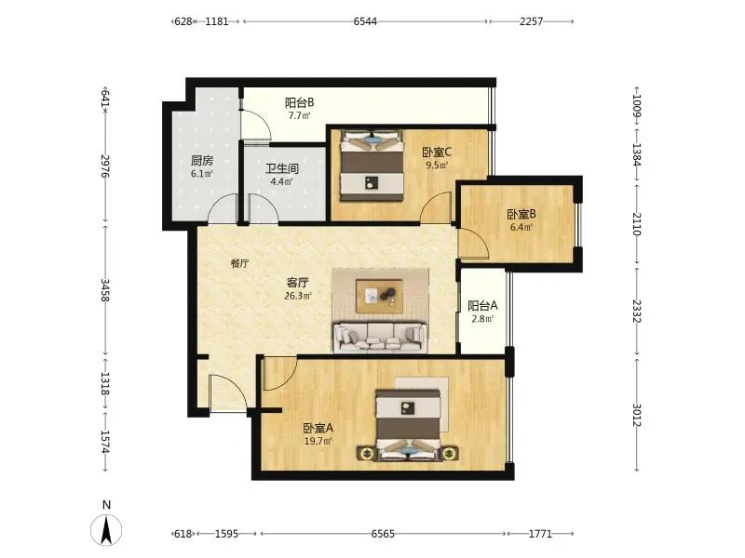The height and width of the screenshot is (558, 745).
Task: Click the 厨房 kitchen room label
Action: click(x=202, y=160)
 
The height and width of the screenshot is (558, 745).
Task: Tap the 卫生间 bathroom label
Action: click(x=282, y=168)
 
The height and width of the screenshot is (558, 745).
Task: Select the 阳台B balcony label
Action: click(x=299, y=102)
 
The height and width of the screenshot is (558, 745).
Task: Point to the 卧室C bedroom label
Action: click(x=437, y=153)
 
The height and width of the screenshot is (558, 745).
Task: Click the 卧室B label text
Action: click(x=521, y=214)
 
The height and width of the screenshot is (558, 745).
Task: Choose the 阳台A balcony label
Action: click(x=482, y=306)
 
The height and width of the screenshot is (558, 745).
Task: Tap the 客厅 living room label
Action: click(x=297, y=283)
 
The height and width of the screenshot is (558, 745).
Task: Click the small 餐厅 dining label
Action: click(x=240, y=263)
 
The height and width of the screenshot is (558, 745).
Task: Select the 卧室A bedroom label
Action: click(x=318, y=428)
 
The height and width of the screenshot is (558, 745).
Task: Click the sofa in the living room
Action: click(x=380, y=338)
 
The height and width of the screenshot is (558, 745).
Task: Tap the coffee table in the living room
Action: click(x=380, y=296)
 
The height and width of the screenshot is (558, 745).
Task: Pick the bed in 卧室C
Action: click(x=372, y=166)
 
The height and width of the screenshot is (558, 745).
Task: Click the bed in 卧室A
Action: click(x=408, y=425)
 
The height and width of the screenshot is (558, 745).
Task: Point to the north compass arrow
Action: click(x=106, y=529)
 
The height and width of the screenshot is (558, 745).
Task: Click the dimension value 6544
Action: click(x=365, y=21)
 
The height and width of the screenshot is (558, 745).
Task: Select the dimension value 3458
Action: click(x=105, y=290)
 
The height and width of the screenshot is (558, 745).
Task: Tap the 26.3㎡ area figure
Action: click(x=298, y=296)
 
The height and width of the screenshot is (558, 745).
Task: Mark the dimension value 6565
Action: click(x=383, y=534)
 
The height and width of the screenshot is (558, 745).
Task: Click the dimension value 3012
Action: click(x=637, y=415)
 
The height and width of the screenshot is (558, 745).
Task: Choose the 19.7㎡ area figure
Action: click(x=318, y=441)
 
